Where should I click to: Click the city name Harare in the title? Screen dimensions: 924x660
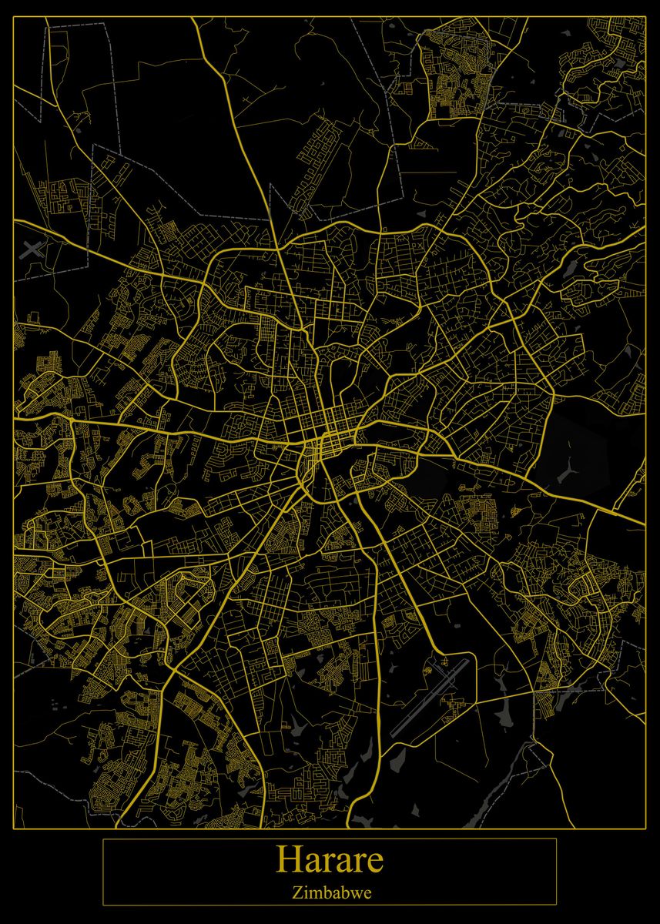(x=330, y=859)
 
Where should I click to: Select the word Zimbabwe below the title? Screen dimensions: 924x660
(x=331, y=893)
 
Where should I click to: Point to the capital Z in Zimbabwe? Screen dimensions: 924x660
(x=296, y=893)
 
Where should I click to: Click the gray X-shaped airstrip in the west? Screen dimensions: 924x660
(x=32, y=248)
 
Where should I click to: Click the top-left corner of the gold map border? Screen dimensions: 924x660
(x=15, y=17)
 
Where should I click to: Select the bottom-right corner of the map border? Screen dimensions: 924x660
(x=645, y=829)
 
